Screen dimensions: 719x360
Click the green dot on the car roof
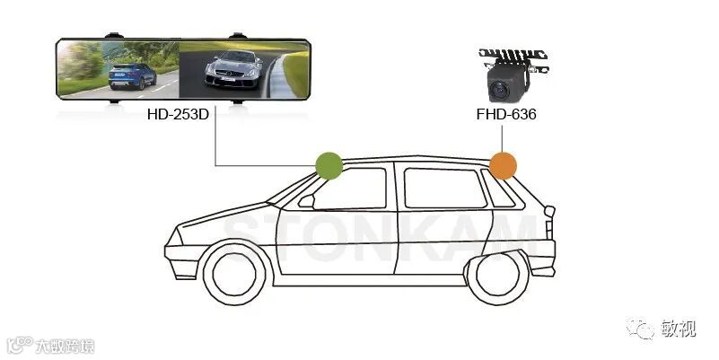pos(329,165)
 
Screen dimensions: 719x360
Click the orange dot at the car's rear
pos(503,165)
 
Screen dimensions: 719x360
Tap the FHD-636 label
pos(506,115)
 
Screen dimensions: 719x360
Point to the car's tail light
pos(549,211)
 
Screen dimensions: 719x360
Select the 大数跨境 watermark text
pos(64,346)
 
